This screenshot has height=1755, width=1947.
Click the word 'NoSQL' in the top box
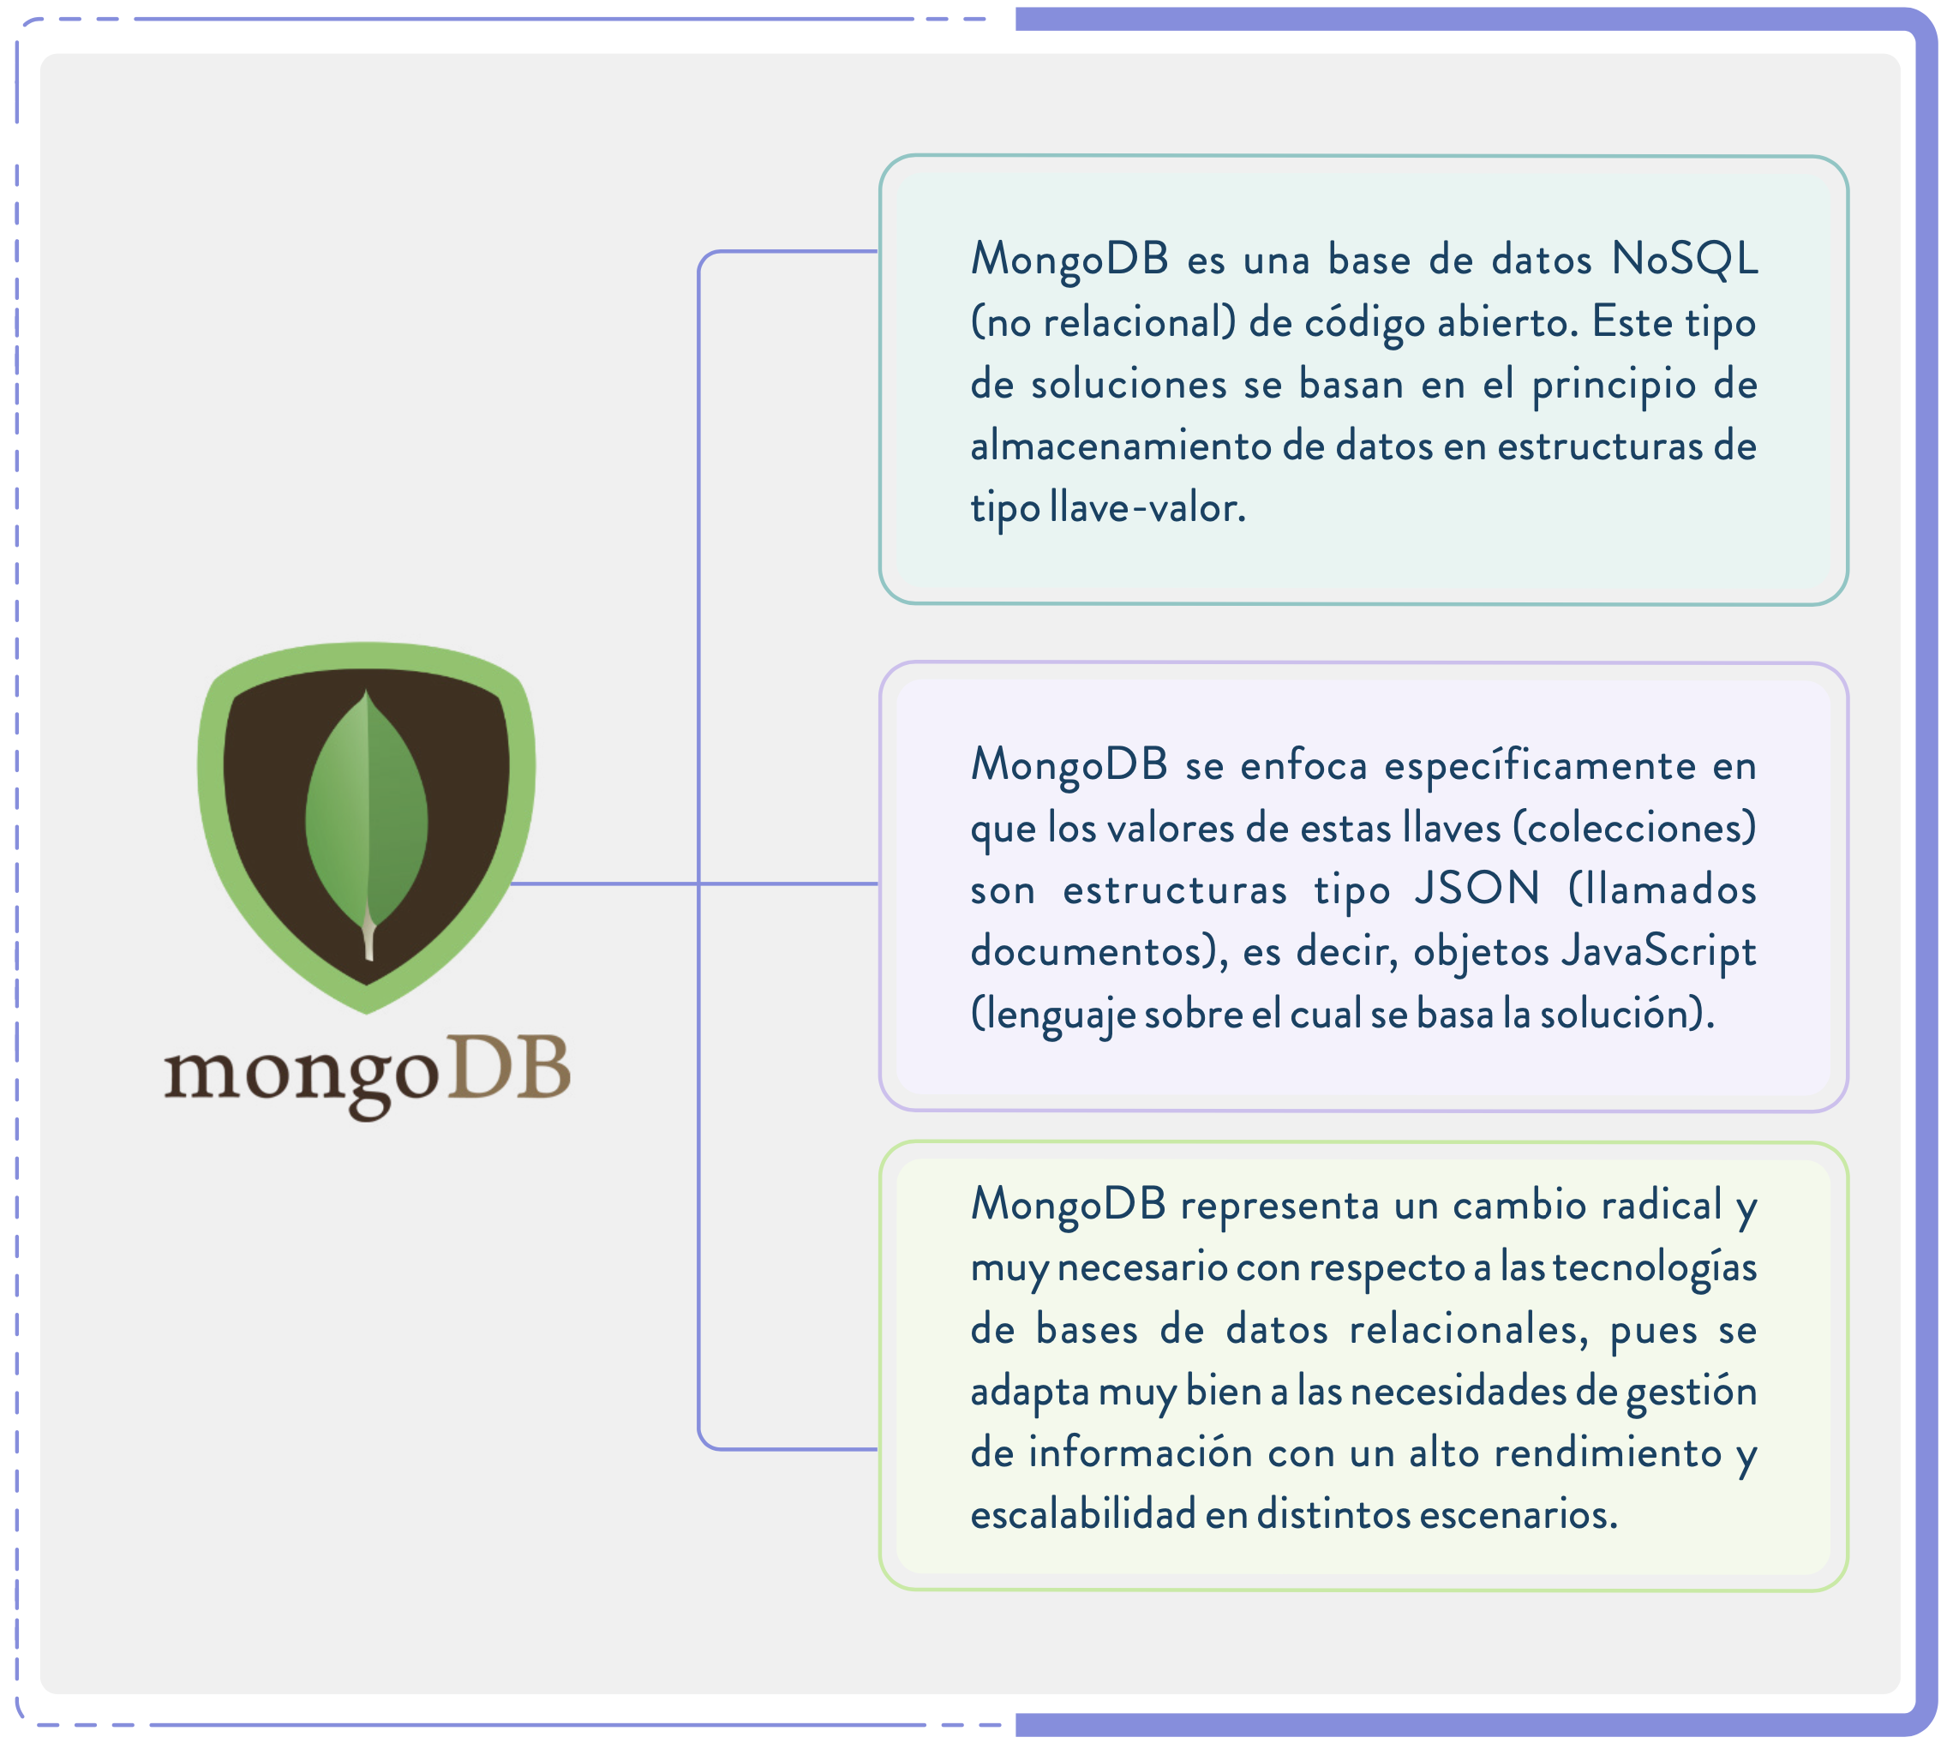pos(1684,259)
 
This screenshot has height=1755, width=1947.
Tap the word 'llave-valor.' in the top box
pos(1147,508)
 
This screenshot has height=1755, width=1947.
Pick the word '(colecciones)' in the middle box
pos(1633,827)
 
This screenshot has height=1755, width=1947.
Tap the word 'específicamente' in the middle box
pos(1539,765)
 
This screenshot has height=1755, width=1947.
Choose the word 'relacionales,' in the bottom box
pos(1468,1330)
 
